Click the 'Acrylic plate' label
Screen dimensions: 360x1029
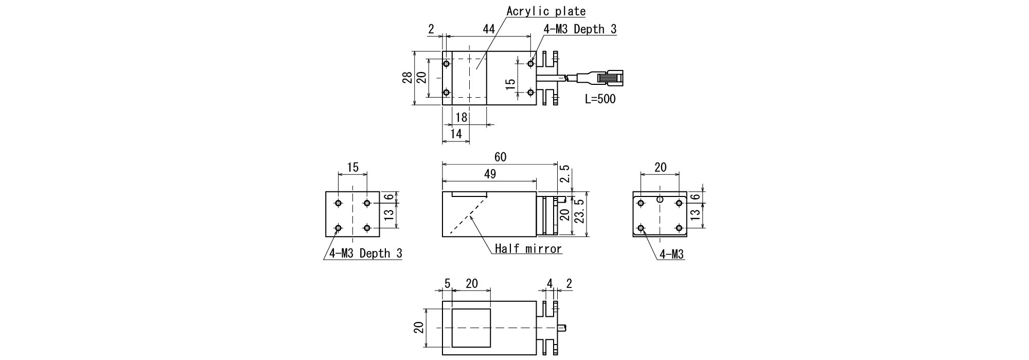[x=546, y=11]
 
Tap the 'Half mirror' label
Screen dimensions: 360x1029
[x=528, y=249]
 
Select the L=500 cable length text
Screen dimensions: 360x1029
[x=600, y=99]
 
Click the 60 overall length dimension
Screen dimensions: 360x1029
[x=500, y=157]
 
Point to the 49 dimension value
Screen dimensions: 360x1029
[x=490, y=174]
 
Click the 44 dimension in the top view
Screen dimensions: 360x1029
[x=489, y=29]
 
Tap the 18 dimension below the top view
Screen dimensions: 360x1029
[x=462, y=118]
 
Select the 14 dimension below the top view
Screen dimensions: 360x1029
[x=456, y=134]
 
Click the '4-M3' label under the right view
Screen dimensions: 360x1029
[x=672, y=254]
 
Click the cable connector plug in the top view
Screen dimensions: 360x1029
[x=610, y=79]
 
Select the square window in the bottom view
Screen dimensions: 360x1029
[x=471, y=328]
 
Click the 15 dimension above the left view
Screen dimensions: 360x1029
[x=352, y=167]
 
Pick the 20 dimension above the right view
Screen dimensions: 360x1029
[x=660, y=167]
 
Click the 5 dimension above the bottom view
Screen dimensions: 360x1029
[x=447, y=283]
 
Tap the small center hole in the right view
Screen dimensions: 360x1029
[x=660, y=199]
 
